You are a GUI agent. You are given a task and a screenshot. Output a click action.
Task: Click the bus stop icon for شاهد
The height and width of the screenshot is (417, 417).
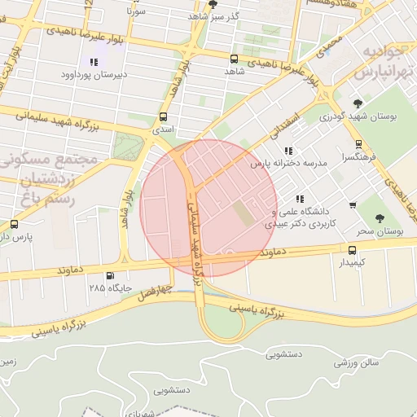235,59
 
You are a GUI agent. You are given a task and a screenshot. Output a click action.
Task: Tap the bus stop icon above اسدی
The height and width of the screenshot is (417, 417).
164,116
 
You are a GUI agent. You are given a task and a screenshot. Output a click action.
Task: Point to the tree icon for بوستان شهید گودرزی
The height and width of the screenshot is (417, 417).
358,103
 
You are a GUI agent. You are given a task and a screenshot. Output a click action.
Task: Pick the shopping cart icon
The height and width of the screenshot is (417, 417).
352,205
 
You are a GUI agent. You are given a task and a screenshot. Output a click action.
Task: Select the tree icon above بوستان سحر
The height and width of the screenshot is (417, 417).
380,218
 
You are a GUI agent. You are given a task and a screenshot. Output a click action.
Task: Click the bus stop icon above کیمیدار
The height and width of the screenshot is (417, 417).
352,250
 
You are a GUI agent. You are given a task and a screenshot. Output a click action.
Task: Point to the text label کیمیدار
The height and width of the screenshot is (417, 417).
352,263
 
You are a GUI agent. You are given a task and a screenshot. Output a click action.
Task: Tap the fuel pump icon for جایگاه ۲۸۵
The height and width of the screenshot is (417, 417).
110,275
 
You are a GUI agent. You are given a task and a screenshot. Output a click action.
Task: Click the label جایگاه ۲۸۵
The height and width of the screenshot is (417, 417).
109,288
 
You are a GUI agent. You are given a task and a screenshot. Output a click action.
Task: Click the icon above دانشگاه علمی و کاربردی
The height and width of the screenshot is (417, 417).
300,199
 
